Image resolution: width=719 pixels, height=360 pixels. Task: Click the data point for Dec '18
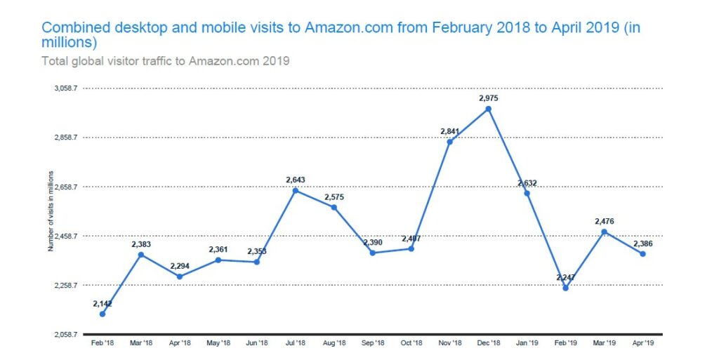click(x=488, y=109)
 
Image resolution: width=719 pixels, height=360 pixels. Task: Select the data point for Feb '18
click(x=103, y=314)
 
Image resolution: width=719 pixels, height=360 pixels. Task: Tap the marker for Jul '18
click(x=295, y=190)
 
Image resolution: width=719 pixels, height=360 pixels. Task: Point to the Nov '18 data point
click(x=449, y=142)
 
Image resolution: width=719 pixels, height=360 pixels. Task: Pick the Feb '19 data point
click(x=565, y=288)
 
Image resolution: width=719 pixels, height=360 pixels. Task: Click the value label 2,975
click(x=488, y=98)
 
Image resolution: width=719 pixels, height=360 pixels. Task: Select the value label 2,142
click(x=103, y=303)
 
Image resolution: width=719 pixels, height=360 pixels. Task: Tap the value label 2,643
click(x=295, y=180)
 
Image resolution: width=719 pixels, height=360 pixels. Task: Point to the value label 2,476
click(x=604, y=222)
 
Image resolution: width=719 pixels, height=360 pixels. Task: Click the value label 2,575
click(x=334, y=196)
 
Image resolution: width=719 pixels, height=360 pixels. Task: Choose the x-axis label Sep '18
click(x=372, y=343)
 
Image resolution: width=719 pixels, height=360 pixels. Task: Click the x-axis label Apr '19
click(x=642, y=343)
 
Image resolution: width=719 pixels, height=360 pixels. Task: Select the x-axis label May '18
click(x=218, y=343)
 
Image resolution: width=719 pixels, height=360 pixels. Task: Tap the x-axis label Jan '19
click(x=527, y=343)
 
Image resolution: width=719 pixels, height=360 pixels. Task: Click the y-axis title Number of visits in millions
click(x=50, y=211)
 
